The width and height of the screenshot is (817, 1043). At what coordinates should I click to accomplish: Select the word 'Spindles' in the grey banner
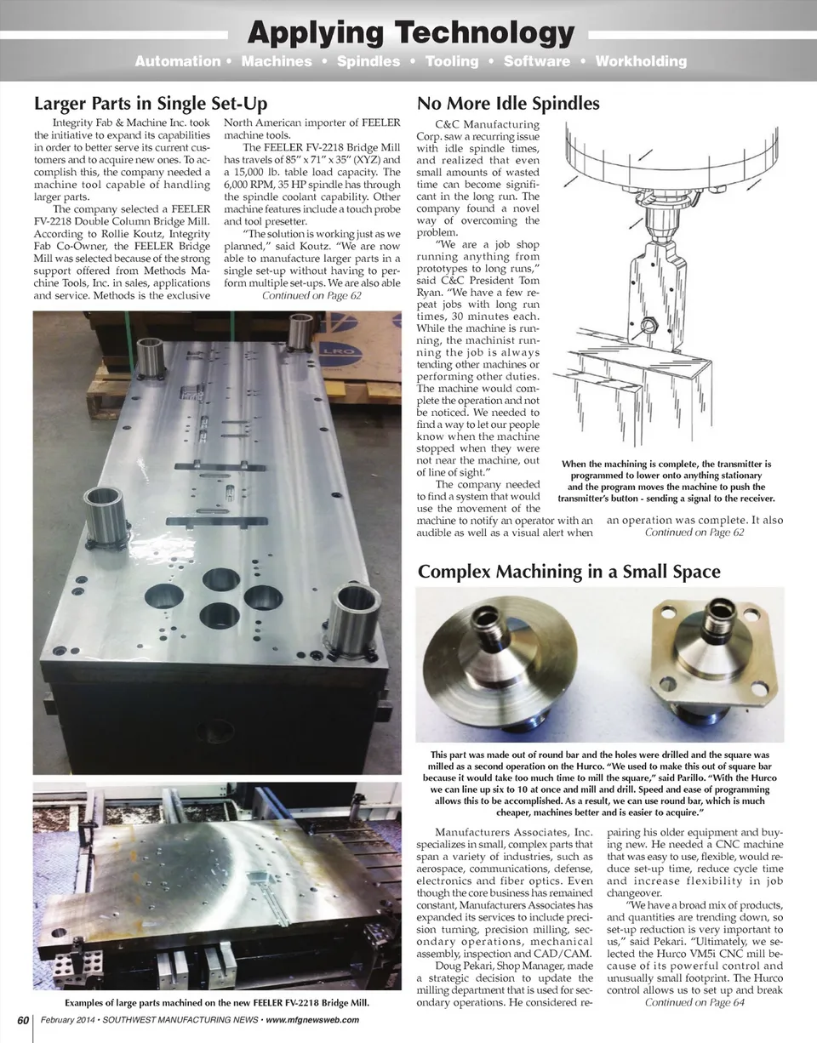click(368, 61)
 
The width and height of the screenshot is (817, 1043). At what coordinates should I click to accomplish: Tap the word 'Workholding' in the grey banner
click(641, 61)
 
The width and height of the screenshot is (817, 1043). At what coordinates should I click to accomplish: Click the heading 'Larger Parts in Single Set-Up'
click(151, 104)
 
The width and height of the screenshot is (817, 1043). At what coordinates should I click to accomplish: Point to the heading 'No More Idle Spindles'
click(508, 104)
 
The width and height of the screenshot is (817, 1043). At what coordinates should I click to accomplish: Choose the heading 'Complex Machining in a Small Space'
click(569, 572)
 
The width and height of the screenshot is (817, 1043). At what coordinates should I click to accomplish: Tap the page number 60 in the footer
click(23, 1020)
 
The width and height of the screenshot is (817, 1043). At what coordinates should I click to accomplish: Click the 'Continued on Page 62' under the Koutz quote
click(311, 296)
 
